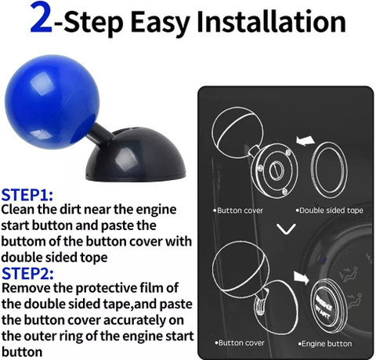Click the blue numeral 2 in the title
42,18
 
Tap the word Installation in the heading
272,21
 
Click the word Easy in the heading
160,23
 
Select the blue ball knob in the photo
52,102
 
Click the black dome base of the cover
136,155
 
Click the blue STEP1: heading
27,195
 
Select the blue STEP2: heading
27,273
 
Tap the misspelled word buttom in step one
23,242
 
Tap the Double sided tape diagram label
330,211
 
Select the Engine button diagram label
325,344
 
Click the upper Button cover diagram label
238,211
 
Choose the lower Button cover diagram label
240,343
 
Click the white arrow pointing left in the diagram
305,140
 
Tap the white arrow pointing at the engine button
302,278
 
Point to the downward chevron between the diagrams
286,229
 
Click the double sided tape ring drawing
312,170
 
